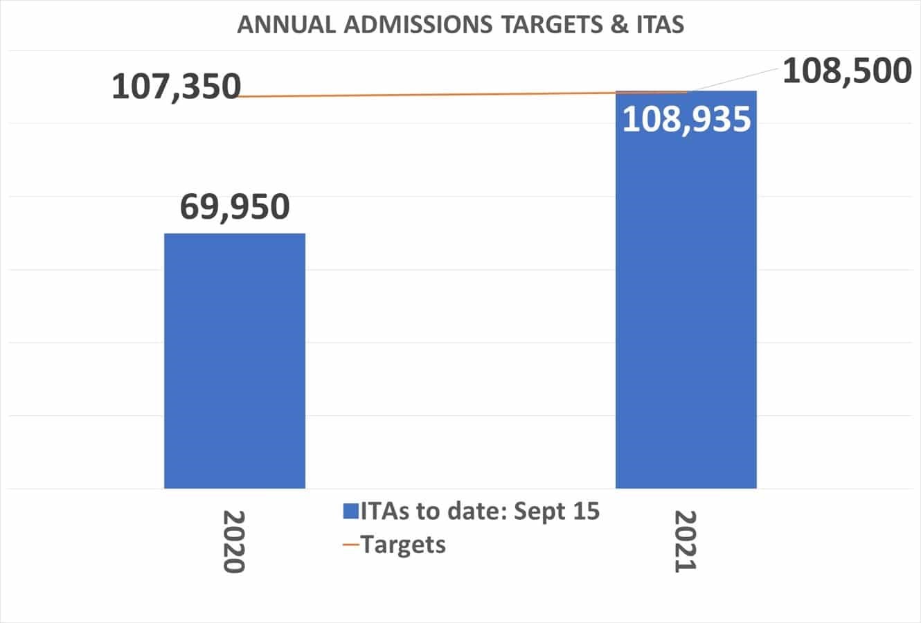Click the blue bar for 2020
pyautogui.click(x=234, y=361)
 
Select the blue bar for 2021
pyautogui.click(x=686, y=311)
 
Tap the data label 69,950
pyautogui.click(x=234, y=206)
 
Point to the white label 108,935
pyautogui.click(x=686, y=119)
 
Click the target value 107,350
pyautogui.click(x=176, y=87)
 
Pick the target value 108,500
pyautogui.click(x=846, y=71)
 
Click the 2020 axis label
pyautogui.click(x=234, y=541)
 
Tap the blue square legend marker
pyautogui.click(x=350, y=512)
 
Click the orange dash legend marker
pyautogui.click(x=351, y=545)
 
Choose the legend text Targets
pyautogui.click(x=404, y=544)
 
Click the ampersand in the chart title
pyautogui.click(x=620, y=25)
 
